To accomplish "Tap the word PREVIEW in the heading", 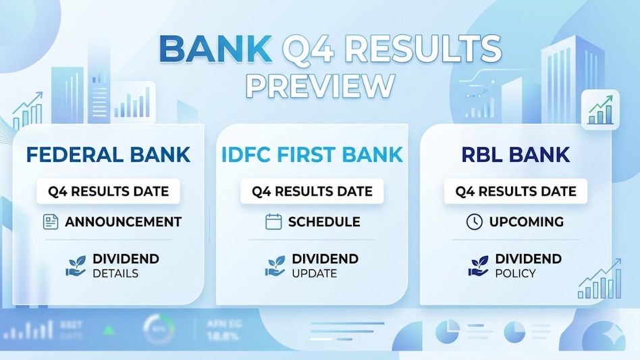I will pyautogui.click(x=320, y=85).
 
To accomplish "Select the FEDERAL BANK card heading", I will pyautogui.click(x=109, y=154).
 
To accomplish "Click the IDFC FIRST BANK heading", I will pyautogui.click(x=313, y=154).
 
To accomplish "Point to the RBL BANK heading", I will pyautogui.click(x=516, y=154).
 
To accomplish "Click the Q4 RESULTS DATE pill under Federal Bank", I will pyautogui.click(x=109, y=191).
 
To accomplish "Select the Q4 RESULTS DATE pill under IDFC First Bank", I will pyautogui.click(x=312, y=191).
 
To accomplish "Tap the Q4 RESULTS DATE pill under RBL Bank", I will pyautogui.click(x=516, y=191).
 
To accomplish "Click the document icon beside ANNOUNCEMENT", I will pyautogui.click(x=51, y=222).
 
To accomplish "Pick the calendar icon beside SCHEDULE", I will pyautogui.click(x=273, y=222).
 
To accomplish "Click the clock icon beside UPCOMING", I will pyautogui.click(x=474, y=222).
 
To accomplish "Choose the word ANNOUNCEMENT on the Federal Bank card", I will pyautogui.click(x=123, y=222).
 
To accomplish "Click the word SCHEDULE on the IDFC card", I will pyautogui.click(x=324, y=222).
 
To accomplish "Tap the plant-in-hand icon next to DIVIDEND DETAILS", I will pyautogui.click(x=76, y=265).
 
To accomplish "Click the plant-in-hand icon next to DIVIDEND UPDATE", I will pyautogui.click(x=275, y=265).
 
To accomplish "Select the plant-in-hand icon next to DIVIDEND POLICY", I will pyautogui.click(x=478, y=265).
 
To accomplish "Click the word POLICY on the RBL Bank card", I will pyautogui.click(x=515, y=274).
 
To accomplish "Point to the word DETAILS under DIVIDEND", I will pyautogui.click(x=115, y=274).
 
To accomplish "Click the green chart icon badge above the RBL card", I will pyautogui.click(x=600, y=110).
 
